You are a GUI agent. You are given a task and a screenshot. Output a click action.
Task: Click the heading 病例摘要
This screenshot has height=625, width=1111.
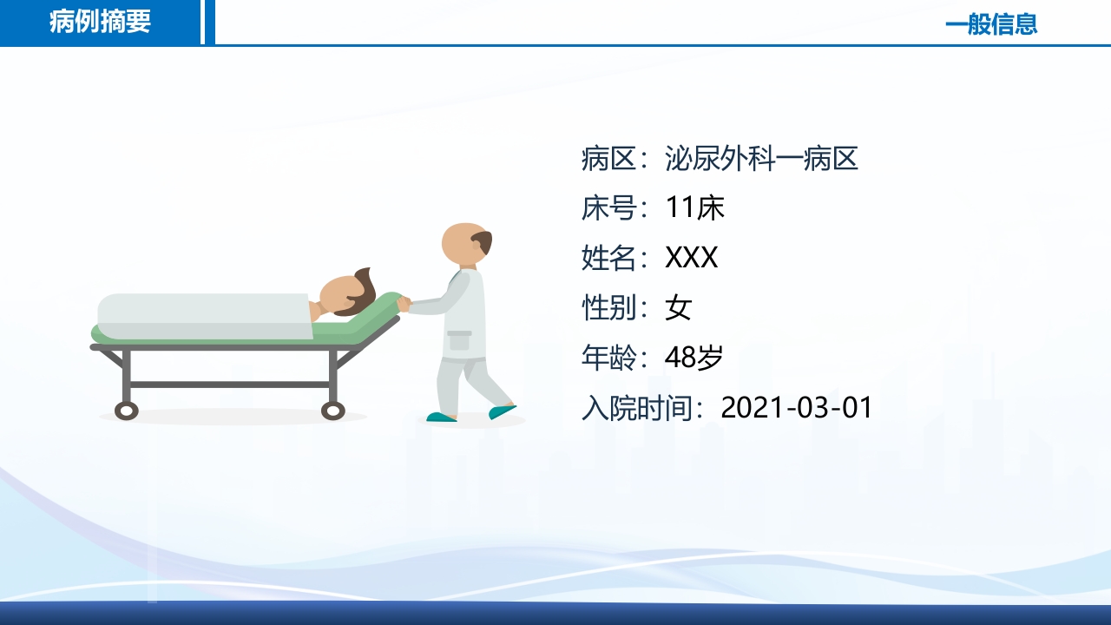[x=100, y=22]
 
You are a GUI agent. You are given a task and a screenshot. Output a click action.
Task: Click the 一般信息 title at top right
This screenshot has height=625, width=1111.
[x=990, y=23]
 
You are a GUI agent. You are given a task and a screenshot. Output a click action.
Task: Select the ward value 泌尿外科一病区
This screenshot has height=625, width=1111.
[x=761, y=159]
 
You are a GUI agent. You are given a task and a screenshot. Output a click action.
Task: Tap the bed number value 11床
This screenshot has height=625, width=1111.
[x=694, y=208]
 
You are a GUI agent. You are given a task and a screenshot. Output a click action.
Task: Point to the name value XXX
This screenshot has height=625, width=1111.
[x=691, y=258]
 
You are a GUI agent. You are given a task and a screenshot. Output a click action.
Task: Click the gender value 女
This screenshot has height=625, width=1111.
[x=678, y=307]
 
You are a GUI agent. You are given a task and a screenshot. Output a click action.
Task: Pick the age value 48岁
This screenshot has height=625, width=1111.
[x=694, y=357]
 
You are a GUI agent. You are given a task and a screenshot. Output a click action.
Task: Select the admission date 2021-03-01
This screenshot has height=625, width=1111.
[x=796, y=407]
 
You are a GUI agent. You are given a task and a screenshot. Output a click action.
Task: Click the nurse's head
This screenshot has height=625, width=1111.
[x=466, y=244]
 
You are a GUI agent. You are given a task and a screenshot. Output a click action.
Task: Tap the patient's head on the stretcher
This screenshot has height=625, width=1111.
[x=347, y=295]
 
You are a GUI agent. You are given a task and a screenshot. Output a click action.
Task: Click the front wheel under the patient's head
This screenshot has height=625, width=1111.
[x=333, y=411]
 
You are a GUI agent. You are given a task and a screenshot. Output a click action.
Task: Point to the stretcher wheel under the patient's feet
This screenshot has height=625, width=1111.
[x=127, y=411]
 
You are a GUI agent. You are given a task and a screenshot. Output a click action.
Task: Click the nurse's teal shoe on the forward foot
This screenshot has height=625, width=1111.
[x=502, y=411]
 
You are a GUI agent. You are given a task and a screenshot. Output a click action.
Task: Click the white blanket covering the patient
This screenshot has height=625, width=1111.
[x=204, y=315]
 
